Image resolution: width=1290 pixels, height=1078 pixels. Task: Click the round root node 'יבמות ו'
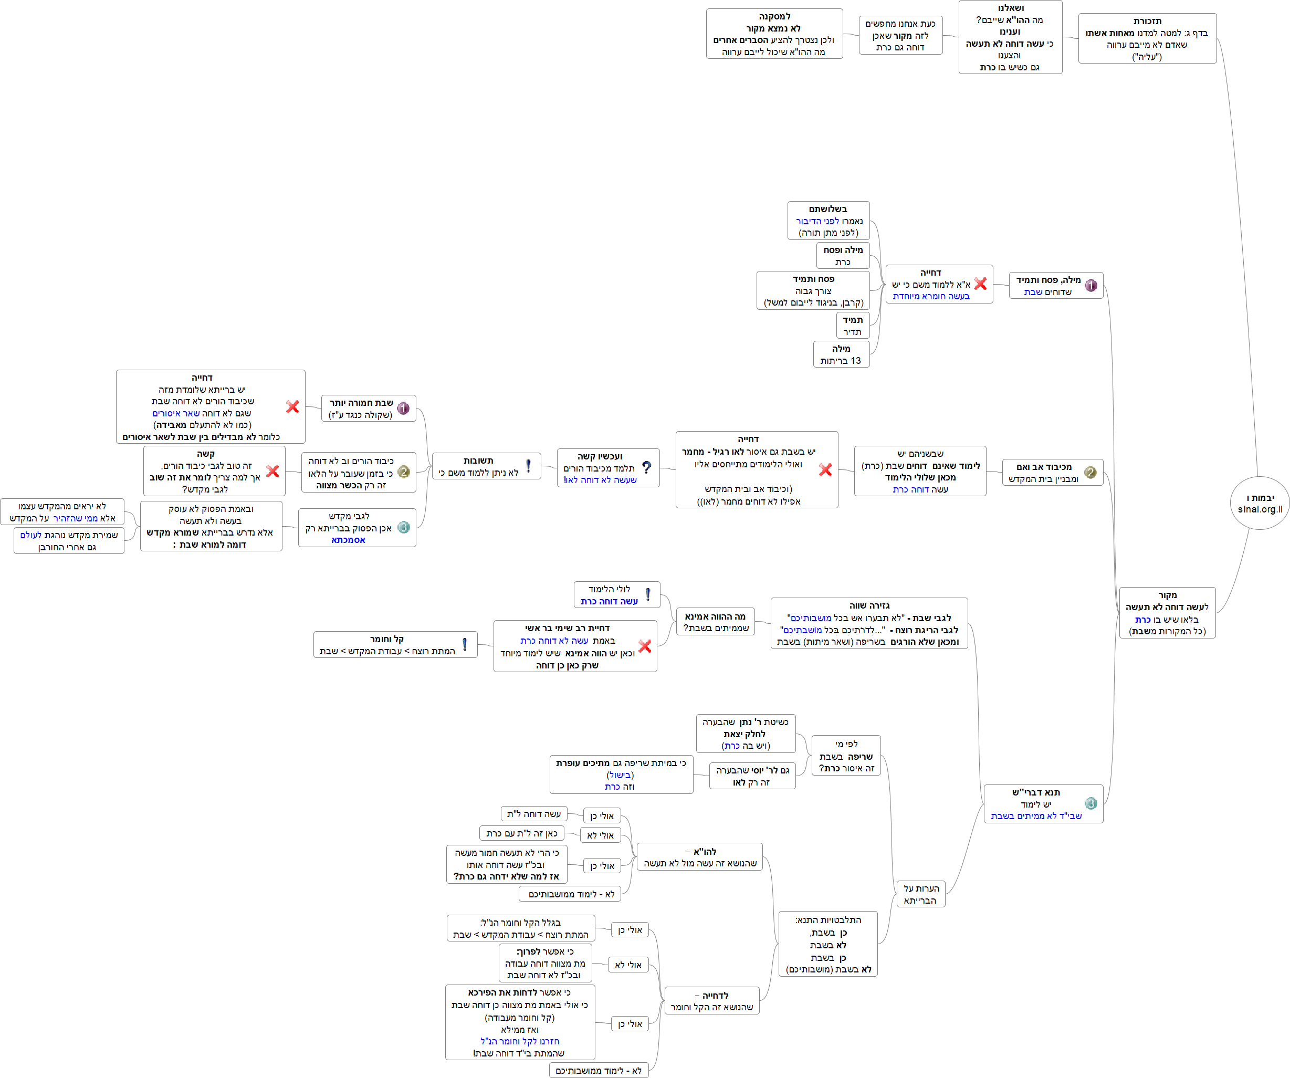point(1259,503)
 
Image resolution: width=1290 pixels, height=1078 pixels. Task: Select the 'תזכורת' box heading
point(1147,22)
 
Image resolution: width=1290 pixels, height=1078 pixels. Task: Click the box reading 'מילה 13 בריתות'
point(841,354)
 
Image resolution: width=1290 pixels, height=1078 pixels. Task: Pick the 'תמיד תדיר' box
point(852,326)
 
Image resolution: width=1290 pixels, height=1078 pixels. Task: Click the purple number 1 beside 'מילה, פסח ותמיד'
point(1090,286)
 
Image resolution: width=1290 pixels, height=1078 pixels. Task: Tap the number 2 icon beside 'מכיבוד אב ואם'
point(1090,473)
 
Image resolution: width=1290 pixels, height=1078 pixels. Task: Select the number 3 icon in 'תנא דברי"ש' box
point(1090,803)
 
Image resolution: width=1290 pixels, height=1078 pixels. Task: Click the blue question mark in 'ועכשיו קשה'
point(646,467)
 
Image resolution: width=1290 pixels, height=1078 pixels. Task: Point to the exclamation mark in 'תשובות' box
point(528,466)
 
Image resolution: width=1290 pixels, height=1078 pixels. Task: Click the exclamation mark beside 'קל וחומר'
point(465,644)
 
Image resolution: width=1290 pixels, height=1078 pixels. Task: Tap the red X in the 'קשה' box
point(272,471)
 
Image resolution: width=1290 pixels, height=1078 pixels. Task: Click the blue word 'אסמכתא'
point(348,540)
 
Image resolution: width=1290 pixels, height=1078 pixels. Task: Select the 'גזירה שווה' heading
point(869,605)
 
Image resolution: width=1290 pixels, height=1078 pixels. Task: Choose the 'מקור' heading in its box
point(1167,595)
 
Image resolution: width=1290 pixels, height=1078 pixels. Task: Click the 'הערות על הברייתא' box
point(920,894)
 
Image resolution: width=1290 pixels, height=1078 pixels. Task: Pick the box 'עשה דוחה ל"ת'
point(534,814)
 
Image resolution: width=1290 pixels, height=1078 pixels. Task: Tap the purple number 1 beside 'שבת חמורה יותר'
point(403,409)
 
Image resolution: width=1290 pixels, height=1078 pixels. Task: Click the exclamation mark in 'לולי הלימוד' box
point(647,594)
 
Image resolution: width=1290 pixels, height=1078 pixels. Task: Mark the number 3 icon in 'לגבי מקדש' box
point(404,527)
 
